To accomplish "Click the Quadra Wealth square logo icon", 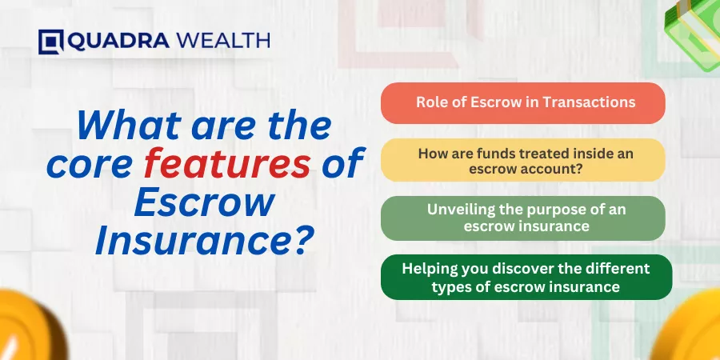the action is pyautogui.click(x=50, y=42).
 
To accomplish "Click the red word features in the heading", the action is pyautogui.click(x=227, y=163).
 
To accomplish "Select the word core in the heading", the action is pyautogui.click(x=89, y=166).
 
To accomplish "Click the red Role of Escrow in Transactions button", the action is pyautogui.click(x=522, y=103).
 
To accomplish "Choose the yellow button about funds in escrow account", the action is pyautogui.click(x=522, y=160).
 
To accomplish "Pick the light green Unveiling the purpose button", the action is pyautogui.click(x=522, y=218).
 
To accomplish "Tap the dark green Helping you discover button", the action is pyautogui.click(x=526, y=277).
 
